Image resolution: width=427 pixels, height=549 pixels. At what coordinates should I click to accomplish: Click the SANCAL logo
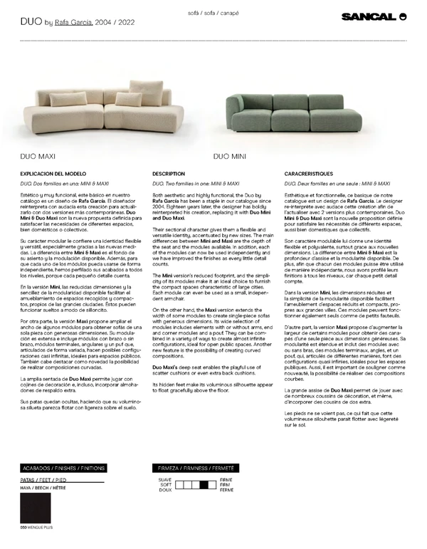[x=372, y=16]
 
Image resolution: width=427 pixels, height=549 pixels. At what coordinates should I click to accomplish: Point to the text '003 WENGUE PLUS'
[x=37, y=528]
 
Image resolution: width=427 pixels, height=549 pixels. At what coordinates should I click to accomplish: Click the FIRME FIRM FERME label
[x=227, y=486]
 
